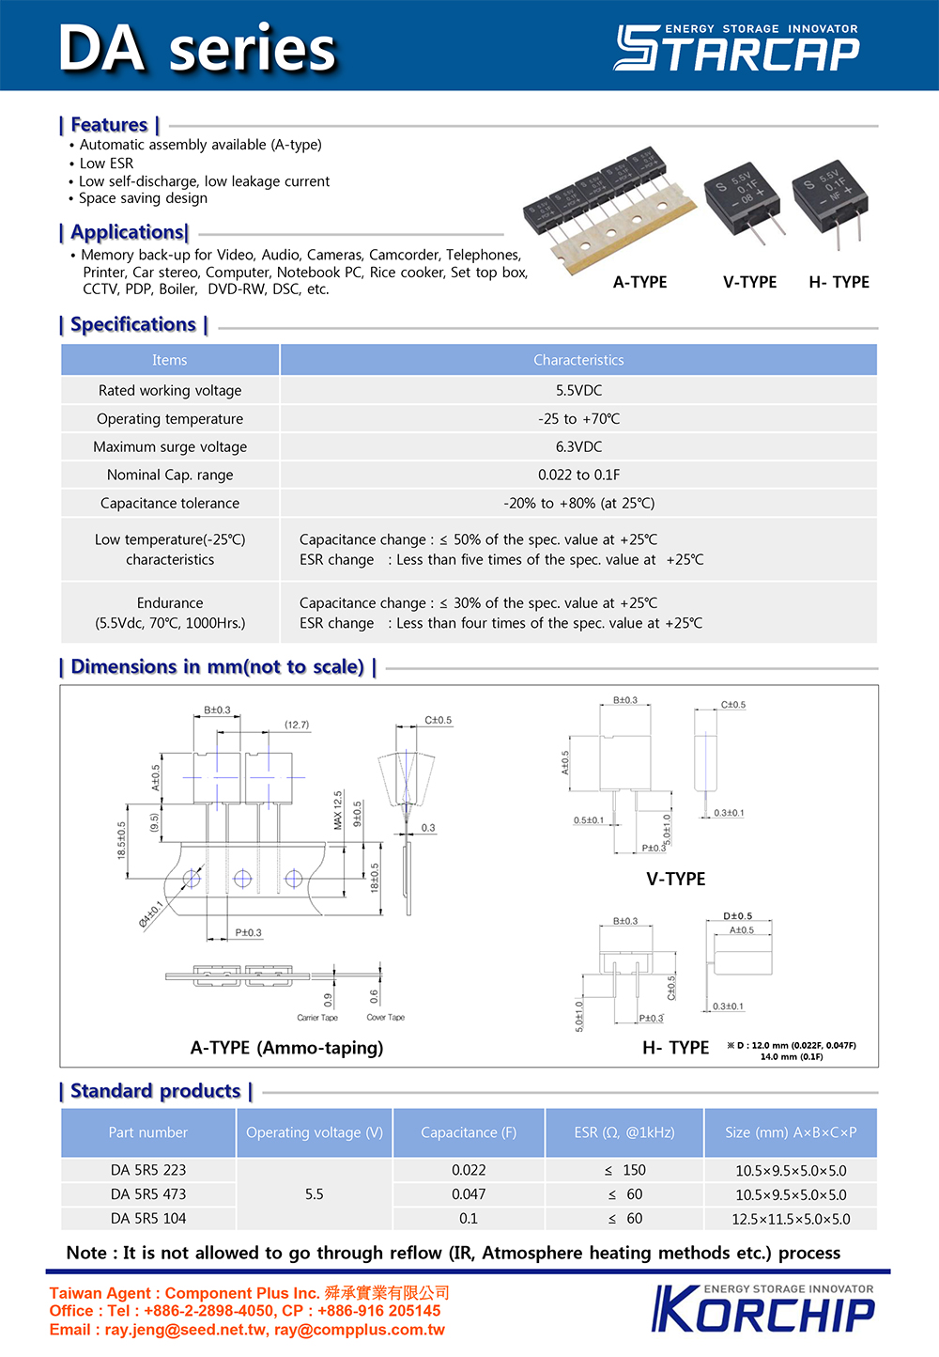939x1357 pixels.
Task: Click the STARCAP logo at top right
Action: click(736, 49)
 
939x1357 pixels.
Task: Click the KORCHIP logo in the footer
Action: click(763, 1308)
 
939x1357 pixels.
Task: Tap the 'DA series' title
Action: click(197, 49)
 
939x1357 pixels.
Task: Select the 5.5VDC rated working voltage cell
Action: click(578, 390)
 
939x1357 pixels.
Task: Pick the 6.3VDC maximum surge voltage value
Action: click(578, 446)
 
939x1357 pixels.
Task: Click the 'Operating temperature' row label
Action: click(170, 418)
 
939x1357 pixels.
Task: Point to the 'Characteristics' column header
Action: click(578, 360)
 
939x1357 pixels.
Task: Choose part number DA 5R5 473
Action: click(148, 1194)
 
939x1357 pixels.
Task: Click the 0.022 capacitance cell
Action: click(469, 1170)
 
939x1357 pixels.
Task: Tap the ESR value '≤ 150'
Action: click(624, 1170)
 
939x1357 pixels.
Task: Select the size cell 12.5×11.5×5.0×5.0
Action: click(791, 1219)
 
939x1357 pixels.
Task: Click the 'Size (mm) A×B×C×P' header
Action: click(791, 1132)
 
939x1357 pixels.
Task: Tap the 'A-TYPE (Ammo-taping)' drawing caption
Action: click(286, 1048)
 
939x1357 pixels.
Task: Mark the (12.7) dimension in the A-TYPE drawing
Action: click(297, 725)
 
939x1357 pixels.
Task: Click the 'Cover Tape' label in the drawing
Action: click(385, 1018)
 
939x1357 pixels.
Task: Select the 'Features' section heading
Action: click(109, 125)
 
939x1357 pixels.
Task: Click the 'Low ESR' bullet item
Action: click(106, 163)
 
